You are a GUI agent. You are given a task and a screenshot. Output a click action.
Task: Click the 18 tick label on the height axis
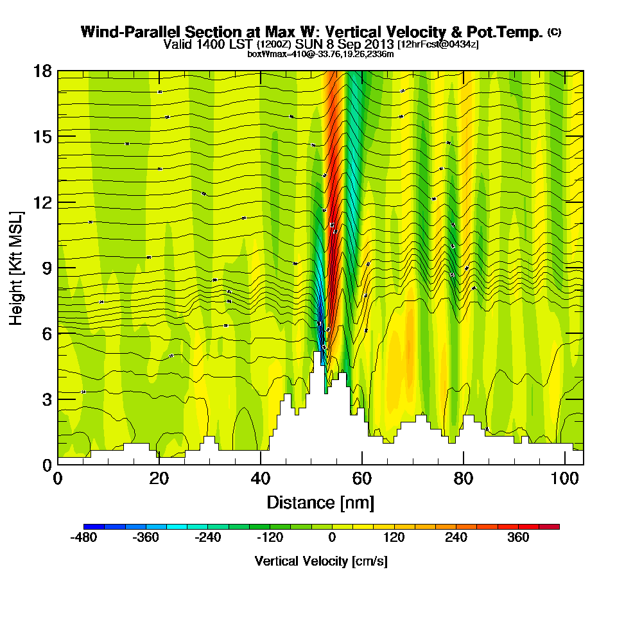click(x=42, y=71)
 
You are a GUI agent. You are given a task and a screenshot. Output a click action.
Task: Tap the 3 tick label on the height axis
click(x=47, y=399)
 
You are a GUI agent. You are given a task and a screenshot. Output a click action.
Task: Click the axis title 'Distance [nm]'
click(x=320, y=502)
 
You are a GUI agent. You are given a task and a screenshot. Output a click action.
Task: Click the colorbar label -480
click(x=83, y=537)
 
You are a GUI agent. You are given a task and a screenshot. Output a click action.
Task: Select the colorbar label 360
click(x=519, y=537)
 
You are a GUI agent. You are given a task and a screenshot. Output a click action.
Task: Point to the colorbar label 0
click(x=332, y=537)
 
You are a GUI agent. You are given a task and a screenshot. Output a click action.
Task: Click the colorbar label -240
click(x=207, y=537)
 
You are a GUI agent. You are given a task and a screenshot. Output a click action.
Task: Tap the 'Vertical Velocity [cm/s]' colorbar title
click(x=321, y=561)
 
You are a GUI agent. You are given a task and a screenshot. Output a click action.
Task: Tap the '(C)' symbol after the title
click(x=554, y=32)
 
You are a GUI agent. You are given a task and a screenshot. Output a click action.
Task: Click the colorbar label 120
click(x=394, y=537)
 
